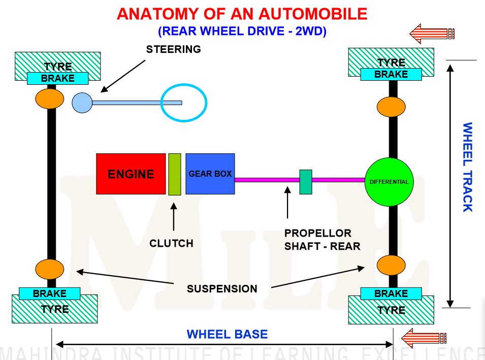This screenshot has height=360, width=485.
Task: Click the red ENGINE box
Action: pos(131,174)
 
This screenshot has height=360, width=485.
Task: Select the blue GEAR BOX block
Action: pos(210,174)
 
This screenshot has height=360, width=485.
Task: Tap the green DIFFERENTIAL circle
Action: pos(390,181)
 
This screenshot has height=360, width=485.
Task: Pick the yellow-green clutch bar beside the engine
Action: pos(175,174)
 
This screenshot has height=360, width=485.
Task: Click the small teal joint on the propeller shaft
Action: pos(306,182)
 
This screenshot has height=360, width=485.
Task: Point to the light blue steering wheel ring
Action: pos(184,103)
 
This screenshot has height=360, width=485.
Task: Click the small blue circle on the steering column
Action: pos(82,103)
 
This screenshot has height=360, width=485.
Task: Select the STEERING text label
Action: pos(174,49)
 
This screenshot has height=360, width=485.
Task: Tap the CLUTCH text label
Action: pos(171,243)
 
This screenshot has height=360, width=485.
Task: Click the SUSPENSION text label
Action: pos(222,289)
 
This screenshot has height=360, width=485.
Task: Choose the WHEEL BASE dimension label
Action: pos(227,335)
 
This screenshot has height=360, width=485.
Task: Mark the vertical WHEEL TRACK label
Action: pos(467,167)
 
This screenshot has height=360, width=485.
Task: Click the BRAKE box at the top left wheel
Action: pos(58,78)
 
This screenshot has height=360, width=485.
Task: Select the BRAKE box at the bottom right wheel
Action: pos(391,293)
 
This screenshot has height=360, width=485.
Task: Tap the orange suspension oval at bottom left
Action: pos(50,268)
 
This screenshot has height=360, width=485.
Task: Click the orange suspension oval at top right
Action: pos(391,107)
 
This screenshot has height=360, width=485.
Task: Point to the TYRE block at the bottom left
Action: pos(54,309)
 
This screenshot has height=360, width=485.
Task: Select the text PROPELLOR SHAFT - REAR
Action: pos(322,240)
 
